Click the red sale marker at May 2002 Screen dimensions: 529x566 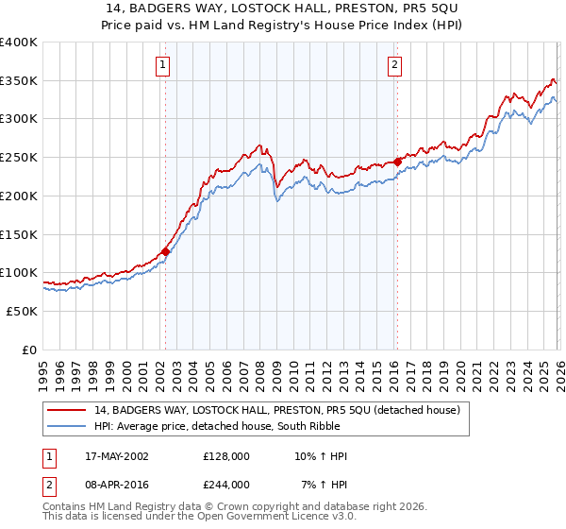tap(165, 251)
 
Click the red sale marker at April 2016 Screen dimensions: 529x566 tap(397, 162)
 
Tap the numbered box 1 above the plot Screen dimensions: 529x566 tap(164, 65)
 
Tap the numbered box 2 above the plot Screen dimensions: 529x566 tap(394, 65)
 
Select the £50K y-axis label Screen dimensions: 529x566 tap(22, 311)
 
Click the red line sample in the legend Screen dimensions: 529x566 tap(67, 410)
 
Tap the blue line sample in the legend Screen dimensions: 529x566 tap(67, 427)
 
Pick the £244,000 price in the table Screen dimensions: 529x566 tap(226, 484)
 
